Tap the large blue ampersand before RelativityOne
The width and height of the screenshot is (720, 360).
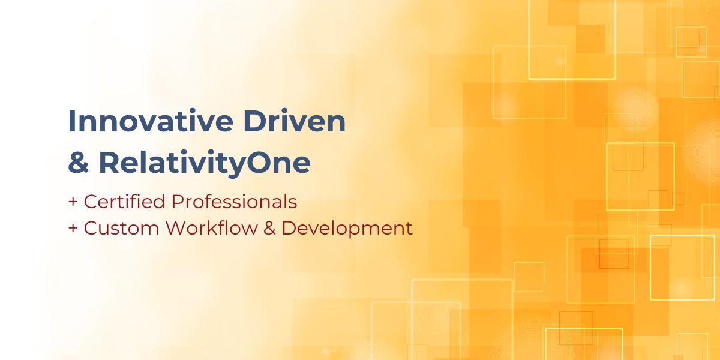click(x=78, y=163)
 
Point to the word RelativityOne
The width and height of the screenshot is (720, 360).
click(x=205, y=163)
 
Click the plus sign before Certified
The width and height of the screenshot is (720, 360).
click(x=73, y=202)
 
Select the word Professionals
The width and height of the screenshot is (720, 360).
click(x=234, y=202)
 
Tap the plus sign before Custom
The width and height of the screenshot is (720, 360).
click(x=73, y=229)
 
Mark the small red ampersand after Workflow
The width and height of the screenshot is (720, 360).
click(x=269, y=229)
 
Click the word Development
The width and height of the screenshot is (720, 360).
click(x=347, y=229)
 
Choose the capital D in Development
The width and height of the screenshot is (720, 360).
click(x=289, y=228)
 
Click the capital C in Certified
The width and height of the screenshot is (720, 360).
click(x=90, y=202)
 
